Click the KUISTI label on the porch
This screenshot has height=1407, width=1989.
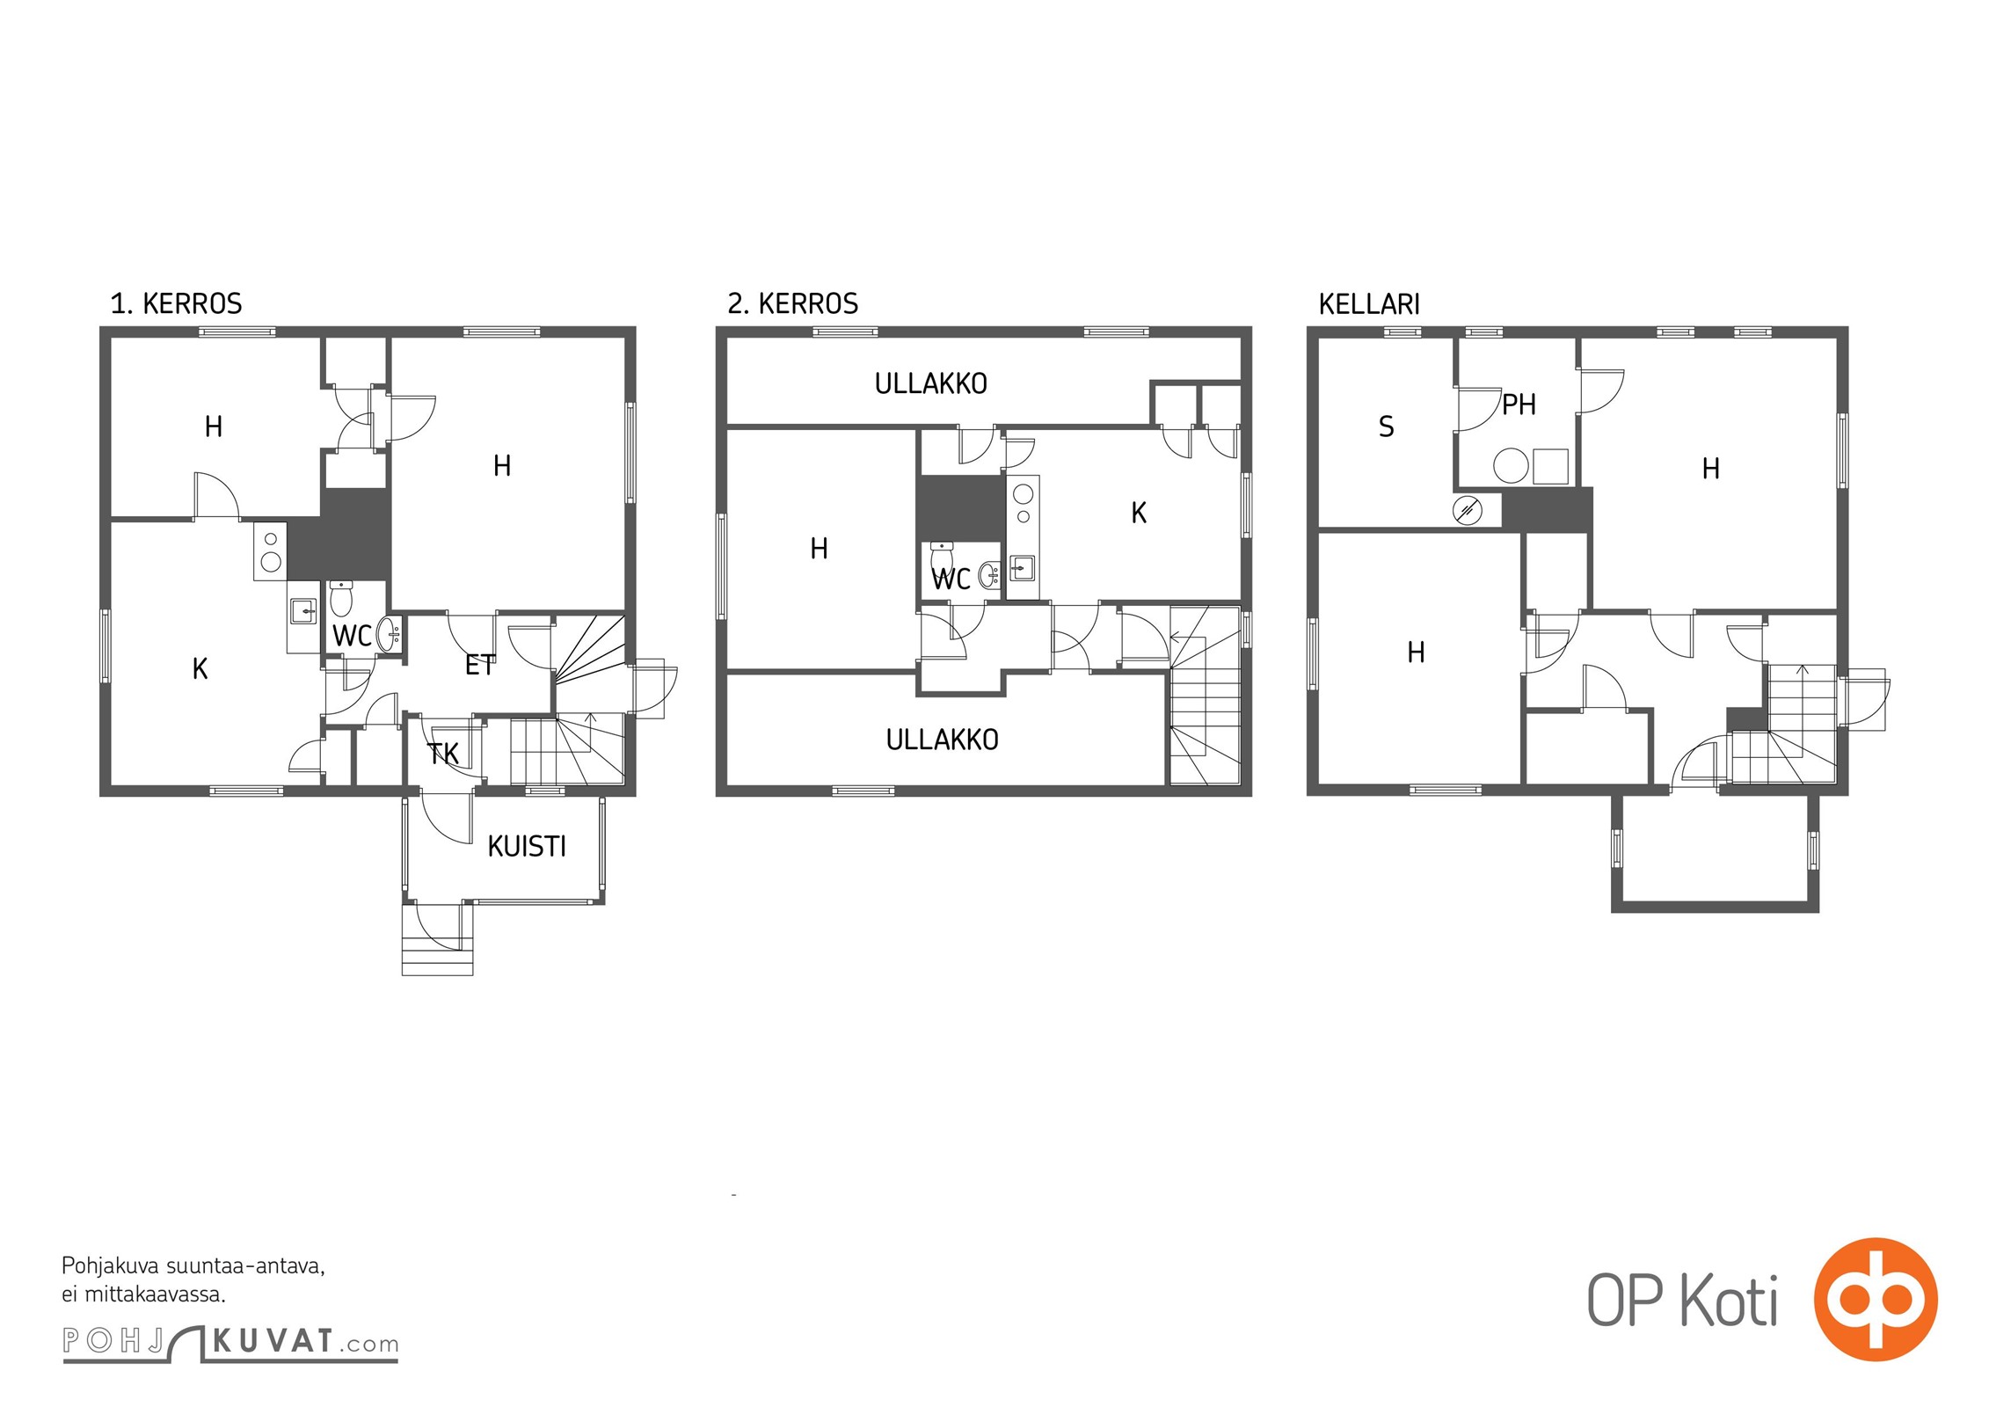(x=526, y=846)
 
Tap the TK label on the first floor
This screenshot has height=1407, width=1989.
(x=443, y=753)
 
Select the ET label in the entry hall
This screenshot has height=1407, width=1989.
(x=480, y=666)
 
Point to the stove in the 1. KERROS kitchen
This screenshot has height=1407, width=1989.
(x=271, y=551)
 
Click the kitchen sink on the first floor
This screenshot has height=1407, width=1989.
(x=303, y=609)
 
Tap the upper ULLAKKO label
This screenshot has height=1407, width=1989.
(x=930, y=383)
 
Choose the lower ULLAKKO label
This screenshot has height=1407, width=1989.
(x=942, y=740)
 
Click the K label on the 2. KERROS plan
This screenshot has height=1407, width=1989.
(x=1139, y=513)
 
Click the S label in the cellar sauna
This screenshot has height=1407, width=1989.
(x=1386, y=426)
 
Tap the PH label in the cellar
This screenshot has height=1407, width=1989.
(x=1519, y=405)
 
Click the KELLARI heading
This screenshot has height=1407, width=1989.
(x=1369, y=304)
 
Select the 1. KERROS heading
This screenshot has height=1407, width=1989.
(x=176, y=303)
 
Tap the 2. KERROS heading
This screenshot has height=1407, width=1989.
(x=792, y=303)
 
